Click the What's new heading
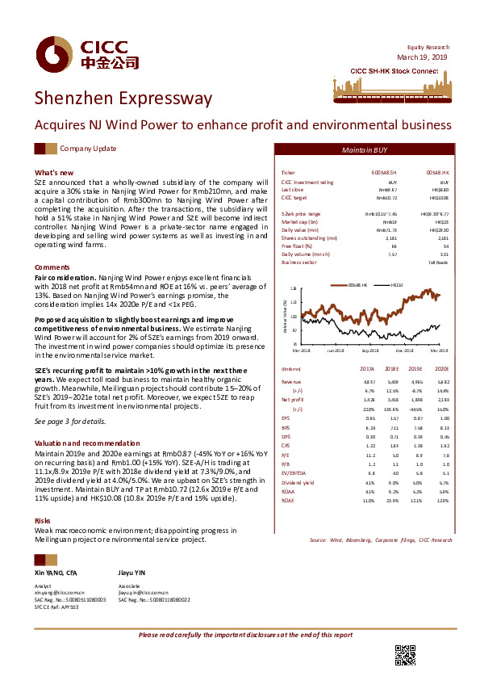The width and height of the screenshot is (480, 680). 54,173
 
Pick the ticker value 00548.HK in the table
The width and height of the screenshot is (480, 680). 437,174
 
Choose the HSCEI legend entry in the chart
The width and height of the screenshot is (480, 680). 398,285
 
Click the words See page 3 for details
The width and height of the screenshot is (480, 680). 69,422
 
